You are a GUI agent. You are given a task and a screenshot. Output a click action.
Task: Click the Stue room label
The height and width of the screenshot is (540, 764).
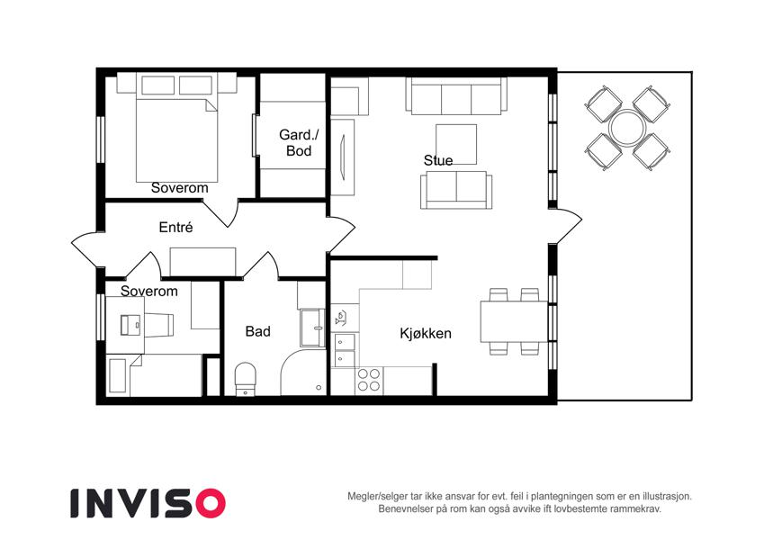pos(438,160)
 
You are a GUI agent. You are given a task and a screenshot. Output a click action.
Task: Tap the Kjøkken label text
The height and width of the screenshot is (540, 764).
pos(426,333)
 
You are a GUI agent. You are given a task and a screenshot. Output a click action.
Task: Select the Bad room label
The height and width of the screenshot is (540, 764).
pos(257,331)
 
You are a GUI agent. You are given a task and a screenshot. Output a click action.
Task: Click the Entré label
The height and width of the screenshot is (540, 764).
pos(175,227)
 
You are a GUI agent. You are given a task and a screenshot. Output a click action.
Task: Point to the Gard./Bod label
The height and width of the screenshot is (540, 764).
pos(299,142)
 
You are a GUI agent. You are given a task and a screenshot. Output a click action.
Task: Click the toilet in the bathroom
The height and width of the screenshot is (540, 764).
pos(245,379)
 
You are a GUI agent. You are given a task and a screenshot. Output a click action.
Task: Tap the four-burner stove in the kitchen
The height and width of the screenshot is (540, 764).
pos(369,380)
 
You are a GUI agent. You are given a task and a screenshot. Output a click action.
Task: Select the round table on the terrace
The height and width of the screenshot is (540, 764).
pos(627,128)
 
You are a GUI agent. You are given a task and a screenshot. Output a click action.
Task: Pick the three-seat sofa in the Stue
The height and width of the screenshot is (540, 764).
pos(456,96)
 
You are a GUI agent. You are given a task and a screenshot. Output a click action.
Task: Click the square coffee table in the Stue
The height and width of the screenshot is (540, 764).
pos(456,144)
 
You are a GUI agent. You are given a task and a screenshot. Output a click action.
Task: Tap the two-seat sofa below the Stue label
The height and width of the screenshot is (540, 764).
pos(456,190)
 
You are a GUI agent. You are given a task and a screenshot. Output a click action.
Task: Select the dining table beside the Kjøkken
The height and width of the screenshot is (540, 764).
pos(514,321)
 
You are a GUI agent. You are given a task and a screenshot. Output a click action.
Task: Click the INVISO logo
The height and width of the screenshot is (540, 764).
pos(148,503)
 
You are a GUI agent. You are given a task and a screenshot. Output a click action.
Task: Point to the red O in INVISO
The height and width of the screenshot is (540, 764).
pos(211,503)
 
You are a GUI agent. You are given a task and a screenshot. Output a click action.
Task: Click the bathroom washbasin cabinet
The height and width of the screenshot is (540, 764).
pos(312,328)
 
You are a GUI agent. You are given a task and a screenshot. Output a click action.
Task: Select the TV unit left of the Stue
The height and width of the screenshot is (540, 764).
pos(343,156)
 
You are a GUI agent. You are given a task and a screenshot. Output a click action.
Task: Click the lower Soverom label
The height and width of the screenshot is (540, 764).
pos(149,291)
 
